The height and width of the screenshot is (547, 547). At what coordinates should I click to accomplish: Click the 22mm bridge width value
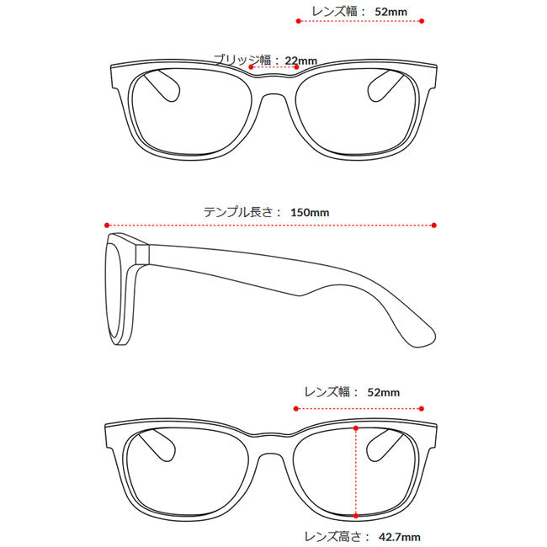click(x=300, y=61)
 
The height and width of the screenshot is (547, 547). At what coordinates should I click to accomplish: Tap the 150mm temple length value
click(x=310, y=212)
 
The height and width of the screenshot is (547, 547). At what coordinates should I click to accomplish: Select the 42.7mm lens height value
click(x=400, y=537)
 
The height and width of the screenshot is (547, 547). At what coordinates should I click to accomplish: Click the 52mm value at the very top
click(x=391, y=12)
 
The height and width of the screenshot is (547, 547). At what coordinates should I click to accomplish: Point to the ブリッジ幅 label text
click(x=242, y=60)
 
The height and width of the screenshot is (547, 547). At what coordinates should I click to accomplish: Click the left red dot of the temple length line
click(x=107, y=226)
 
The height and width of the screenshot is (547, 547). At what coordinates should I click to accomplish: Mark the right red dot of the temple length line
click(x=434, y=226)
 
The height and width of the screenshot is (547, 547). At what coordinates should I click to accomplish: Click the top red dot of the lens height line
click(x=356, y=428)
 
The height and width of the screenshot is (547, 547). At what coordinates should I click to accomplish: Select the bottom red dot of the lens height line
click(x=356, y=516)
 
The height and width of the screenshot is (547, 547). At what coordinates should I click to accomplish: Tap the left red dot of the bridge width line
click(x=251, y=67)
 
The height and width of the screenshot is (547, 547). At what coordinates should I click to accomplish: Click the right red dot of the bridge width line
click(x=296, y=67)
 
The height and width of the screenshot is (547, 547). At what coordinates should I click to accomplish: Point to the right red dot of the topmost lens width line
click(x=422, y=21)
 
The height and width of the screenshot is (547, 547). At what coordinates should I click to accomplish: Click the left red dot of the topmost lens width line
click(x=298, y=21)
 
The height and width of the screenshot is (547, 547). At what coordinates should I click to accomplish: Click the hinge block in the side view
click(x=142, y=254)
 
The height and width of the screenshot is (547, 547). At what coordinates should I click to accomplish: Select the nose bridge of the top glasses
click(x=274, y=88)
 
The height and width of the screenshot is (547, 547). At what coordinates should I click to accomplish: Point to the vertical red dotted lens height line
click(x=356, y=471)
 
